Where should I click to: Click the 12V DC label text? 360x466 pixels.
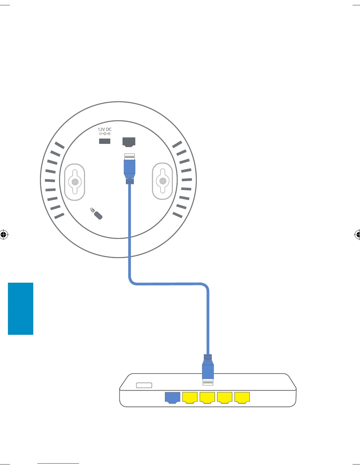pos(105,129)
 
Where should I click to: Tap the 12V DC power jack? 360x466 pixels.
pos(105,141)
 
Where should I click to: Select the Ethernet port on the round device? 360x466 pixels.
pos(129,142)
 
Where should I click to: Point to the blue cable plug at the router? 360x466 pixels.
pos(208,371)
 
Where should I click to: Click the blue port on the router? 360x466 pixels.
pos(172,397)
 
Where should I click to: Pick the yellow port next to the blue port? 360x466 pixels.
pos(190,397)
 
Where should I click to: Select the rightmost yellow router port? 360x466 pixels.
pos(242,397)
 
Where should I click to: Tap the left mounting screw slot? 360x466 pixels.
pos(75,182)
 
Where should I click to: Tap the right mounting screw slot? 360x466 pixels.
pos(162,181)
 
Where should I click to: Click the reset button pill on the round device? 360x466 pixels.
pos(98,215)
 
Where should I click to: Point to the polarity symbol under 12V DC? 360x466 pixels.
pos(105,134)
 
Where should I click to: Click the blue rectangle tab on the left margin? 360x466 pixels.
pos(21,309)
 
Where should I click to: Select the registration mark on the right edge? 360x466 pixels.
pos(357,234)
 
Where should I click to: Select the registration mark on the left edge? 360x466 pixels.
pos(3,234)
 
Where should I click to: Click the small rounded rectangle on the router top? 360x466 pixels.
pos(144,385)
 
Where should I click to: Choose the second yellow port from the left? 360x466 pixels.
pos(207,397)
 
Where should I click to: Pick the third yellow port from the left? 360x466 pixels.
pos(225,397)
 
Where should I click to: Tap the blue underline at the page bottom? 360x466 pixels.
pos(58,463)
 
